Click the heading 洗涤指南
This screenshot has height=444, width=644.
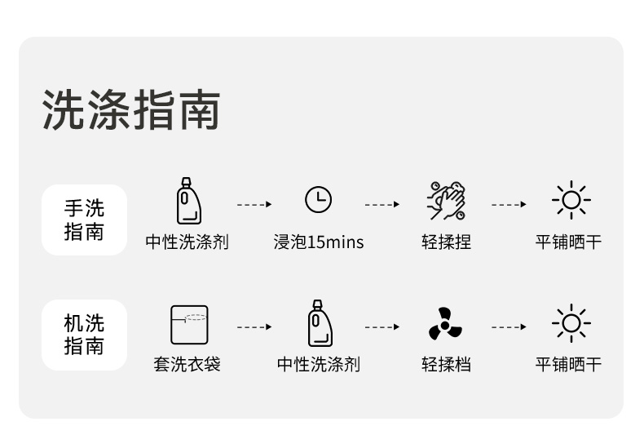pos(131,110)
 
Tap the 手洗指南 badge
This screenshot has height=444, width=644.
pos(85,220)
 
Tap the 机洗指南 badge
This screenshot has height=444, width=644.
pos(85,335)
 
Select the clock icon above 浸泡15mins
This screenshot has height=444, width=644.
pos(319,200)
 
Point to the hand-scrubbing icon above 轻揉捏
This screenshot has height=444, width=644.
pos(447,201)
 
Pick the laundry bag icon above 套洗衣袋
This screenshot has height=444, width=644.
pos(188,324)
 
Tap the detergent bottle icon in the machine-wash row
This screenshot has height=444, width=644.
pos(319,323)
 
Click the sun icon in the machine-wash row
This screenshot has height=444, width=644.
pos(571,324)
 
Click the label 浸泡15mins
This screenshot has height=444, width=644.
pos(319,242)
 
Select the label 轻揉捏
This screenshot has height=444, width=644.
pos(446,242)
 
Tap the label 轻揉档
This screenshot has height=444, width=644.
pos(446,364)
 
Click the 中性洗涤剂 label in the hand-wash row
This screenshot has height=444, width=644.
pos(187,242)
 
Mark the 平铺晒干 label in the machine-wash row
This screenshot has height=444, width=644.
pos(568,364)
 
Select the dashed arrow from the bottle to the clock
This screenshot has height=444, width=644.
pos(254,204)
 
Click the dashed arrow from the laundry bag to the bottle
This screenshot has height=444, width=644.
pos(254,327)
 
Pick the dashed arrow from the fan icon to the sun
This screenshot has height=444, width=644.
pos(509,327)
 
